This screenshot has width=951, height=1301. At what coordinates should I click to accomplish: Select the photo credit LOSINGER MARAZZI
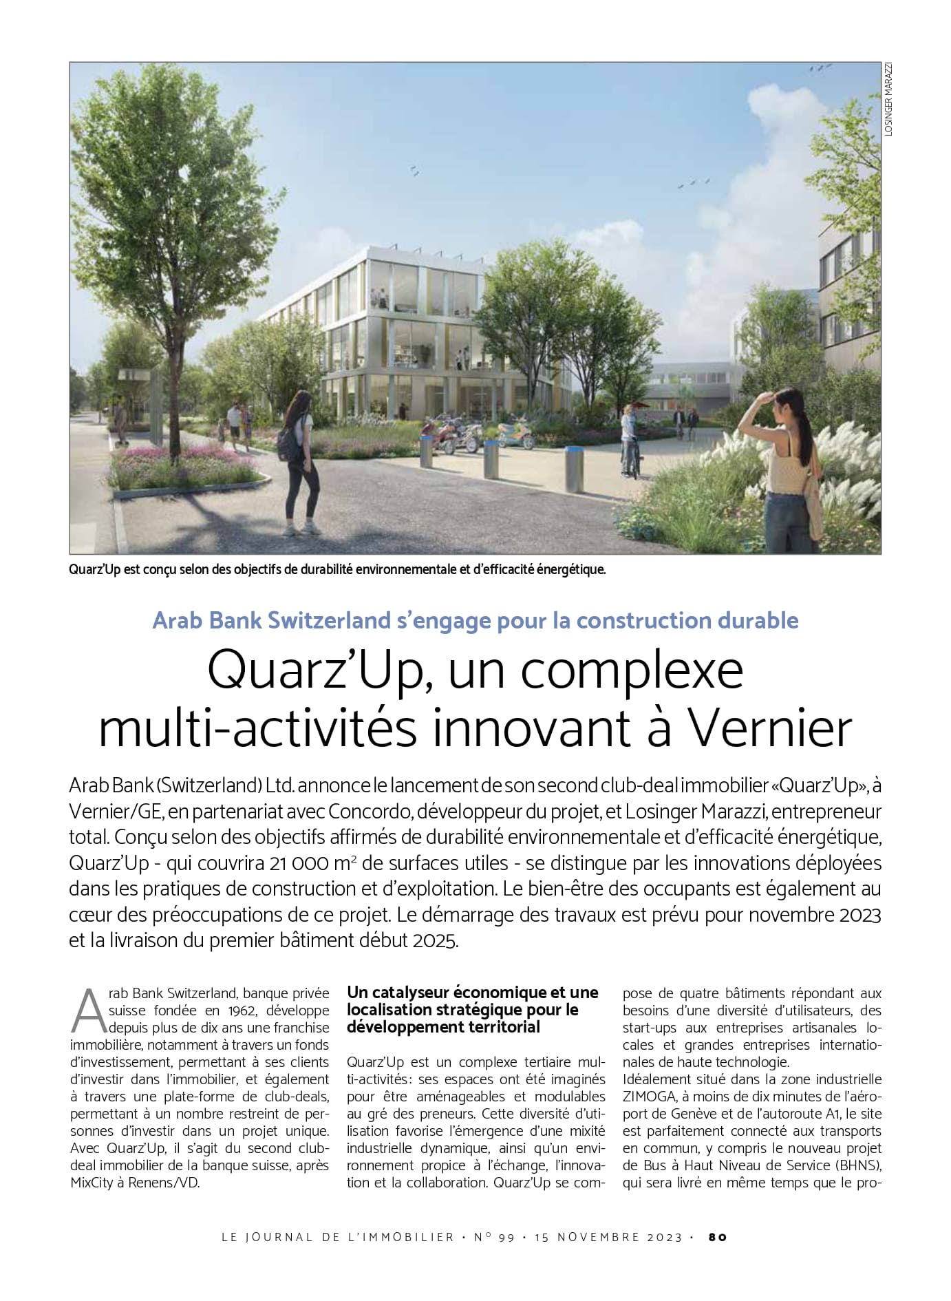pos(888,98)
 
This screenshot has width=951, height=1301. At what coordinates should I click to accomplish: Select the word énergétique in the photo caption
pos(572,570)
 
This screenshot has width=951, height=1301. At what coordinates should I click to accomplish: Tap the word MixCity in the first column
pos(92,1183)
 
